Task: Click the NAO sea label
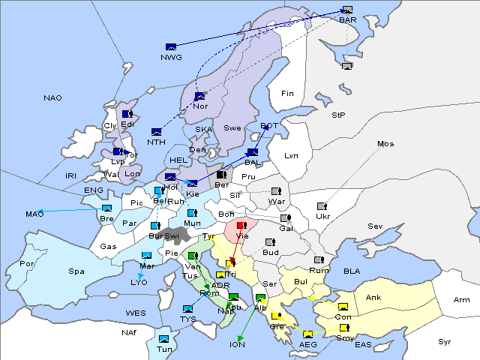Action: (x=52, y=98)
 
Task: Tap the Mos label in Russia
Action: (x=385, y=143)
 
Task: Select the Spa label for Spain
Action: (x=76, y=271)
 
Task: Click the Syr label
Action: (x=445, y=341)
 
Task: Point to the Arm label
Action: (x=462, y=300)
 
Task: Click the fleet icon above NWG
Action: (x=171, y=47)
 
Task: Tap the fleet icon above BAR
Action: (x=347, y=10)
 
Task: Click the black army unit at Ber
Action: (x=221, y=175)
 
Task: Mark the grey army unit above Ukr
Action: (x=322, y=206)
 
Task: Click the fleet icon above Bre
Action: (x=106, y=208)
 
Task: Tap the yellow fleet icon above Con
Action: (x=343, y=307)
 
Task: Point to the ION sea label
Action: (x=238, y=344)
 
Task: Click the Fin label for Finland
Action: (x=287, y=93)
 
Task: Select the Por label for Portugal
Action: (x=27, y=264)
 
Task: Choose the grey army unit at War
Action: (x=276, y=191)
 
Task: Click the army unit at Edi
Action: (x=127, y=114)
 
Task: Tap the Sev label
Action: (x=375, y=226)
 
